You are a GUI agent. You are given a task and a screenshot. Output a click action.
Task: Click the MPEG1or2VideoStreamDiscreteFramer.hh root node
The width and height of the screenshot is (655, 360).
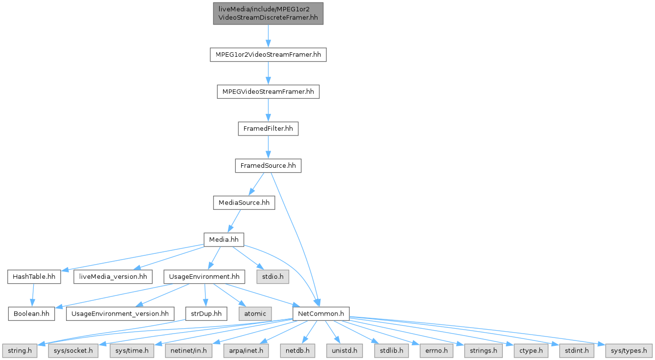point(268,14)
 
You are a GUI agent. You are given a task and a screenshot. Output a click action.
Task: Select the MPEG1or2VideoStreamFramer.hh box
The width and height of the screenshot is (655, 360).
point(268,54)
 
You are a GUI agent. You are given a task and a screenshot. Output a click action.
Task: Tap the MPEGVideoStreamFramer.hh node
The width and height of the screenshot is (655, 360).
point(268,91)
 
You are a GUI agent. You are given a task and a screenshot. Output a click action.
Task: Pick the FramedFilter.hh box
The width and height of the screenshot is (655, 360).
point(268,129)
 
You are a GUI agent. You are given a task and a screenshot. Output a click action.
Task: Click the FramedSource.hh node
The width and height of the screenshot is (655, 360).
point(268,166)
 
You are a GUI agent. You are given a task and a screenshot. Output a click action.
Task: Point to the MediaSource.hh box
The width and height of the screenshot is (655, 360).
point(244,202)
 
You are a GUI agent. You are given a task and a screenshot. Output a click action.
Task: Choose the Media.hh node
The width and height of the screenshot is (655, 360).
point(224,240)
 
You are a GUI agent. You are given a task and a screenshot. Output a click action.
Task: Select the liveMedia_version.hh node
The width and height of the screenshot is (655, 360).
point(113,277)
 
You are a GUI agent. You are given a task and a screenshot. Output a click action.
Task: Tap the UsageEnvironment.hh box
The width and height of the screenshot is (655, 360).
point(204,277)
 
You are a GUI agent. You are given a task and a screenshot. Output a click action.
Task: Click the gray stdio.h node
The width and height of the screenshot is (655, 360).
point(272,277)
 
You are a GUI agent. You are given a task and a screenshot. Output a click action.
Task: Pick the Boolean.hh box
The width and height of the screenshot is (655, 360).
point(31,314)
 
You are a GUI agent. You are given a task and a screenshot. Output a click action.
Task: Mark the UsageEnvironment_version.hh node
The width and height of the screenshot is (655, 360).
point(120,314)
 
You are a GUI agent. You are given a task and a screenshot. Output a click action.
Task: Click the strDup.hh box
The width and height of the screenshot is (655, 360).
point(206,314)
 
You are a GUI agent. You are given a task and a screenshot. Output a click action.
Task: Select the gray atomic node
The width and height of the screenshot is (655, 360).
point(255,314)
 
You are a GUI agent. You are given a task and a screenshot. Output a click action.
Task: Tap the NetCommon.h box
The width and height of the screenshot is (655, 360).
point(320,314)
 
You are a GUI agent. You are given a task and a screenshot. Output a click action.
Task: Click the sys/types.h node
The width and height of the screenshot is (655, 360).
point(629,350)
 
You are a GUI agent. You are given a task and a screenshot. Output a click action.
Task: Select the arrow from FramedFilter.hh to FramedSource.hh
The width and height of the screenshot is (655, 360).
point(268,147)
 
